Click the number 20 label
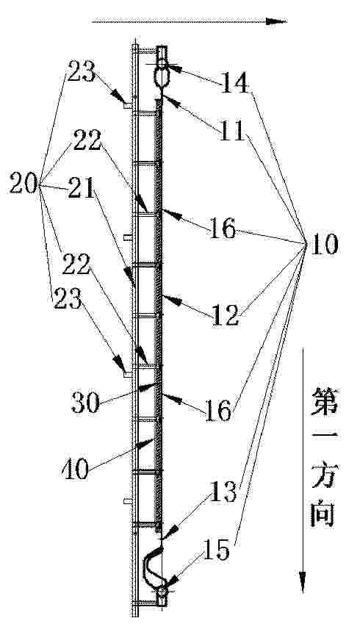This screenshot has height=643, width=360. point(24,183)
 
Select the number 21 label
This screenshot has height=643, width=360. point(82,189)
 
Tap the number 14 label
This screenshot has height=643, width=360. point(235,82)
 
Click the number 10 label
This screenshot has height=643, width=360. point(324,245)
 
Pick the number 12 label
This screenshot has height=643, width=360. point(225,315)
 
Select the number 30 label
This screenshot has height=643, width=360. point(86,403)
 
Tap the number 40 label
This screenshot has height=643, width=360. point(76,469)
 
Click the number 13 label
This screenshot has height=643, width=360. point(223,492)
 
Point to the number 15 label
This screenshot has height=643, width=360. point(216,550)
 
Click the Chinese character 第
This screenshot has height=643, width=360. point(323,402)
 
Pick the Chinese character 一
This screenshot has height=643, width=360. point(323,439)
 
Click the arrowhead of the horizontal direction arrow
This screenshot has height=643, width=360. point(276,21)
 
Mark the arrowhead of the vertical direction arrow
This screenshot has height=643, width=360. point(303,582)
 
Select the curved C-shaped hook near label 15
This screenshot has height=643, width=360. point(150,568)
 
